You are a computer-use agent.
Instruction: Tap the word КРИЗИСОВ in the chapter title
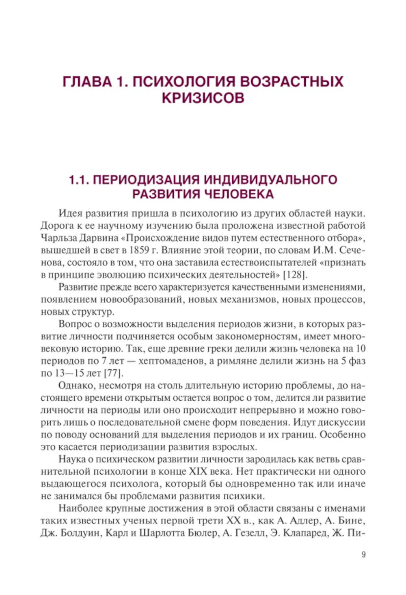point(203,98)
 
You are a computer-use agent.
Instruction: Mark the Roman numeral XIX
point(198,472)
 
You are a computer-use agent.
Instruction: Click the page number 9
point(363,555)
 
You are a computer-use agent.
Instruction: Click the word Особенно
point(343,435)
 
